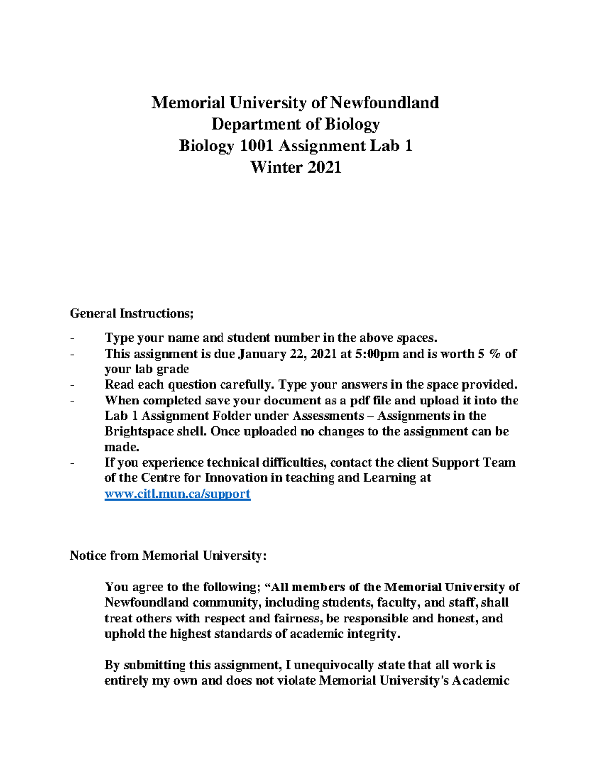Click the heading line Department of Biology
[296, 124]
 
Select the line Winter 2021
[296, 168]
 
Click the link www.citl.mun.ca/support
[177, 494]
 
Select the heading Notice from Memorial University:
[168, 556]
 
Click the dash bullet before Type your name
[73, 338]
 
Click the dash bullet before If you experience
[73, 463]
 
